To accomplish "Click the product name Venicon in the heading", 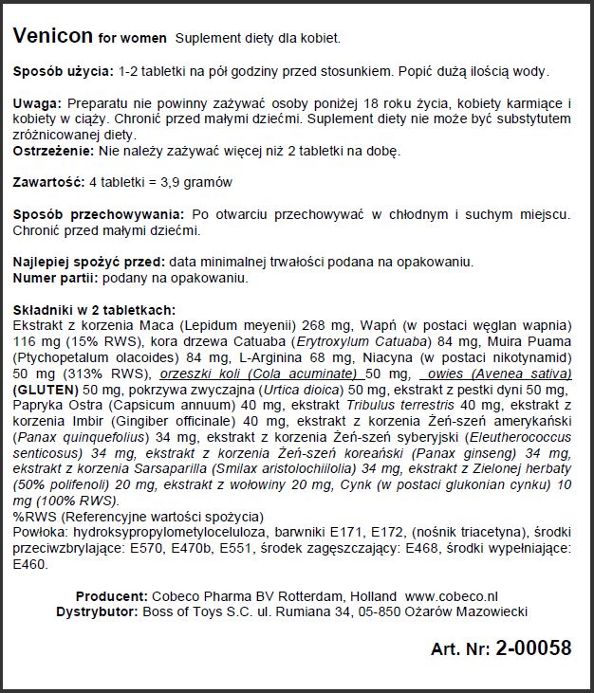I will (x=52, y=37).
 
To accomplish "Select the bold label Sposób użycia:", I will (x=63, y=73).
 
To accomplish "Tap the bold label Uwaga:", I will (x=38, y=102).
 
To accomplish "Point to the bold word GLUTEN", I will (x=46, y=390).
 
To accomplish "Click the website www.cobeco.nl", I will (x=451, y=595).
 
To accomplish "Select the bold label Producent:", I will (x=111, y=595).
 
